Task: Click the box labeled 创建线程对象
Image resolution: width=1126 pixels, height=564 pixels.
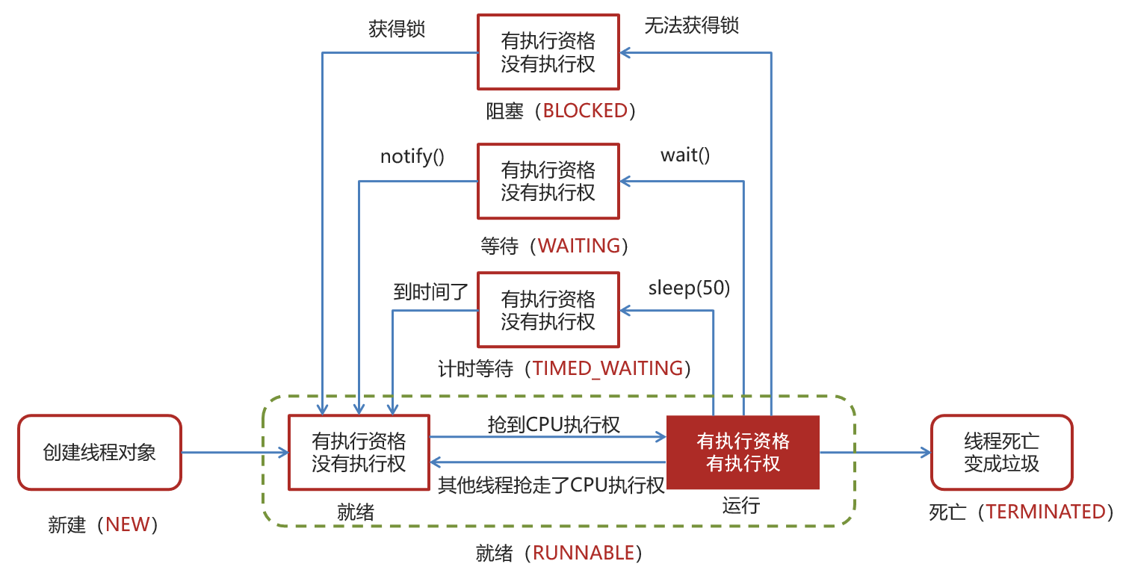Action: tap(99, 453)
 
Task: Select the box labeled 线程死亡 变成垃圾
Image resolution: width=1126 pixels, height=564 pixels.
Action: tap(1001, 453)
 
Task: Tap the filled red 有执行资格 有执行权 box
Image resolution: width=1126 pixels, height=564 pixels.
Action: tap(743, 453)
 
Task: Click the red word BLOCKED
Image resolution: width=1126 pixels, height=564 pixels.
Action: tap(585, 111)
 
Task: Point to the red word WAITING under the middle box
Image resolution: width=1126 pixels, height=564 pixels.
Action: tap(579, 246)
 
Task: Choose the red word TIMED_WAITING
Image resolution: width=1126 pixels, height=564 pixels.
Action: tap(607, 368)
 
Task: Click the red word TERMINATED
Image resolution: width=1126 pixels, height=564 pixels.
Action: tap(1045, 512)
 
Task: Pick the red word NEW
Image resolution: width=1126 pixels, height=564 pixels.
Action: tap(128, 524)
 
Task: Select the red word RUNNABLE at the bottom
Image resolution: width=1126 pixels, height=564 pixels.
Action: tap(584, 553)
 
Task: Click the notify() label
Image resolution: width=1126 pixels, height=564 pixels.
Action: tap(412, 157)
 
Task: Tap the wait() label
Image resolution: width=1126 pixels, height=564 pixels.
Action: tap(685, 155)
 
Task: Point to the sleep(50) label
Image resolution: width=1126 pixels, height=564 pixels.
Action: tap(689, 288)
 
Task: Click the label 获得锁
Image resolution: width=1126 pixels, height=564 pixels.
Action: tap(397, 29)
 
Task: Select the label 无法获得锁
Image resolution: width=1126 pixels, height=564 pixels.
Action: tap(692, 25)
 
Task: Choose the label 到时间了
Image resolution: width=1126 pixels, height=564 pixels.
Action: tap(431, 292)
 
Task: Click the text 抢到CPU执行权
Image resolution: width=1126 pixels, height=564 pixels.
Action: tap(553, 424)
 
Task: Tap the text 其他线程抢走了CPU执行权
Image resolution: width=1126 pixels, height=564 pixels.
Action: tap(551, 486)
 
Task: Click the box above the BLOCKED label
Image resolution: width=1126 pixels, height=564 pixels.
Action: tap(548, 52)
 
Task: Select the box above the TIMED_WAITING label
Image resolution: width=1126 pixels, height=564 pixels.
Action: tap(548, 310)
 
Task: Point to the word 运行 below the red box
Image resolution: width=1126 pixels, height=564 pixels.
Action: tap(740, 506)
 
